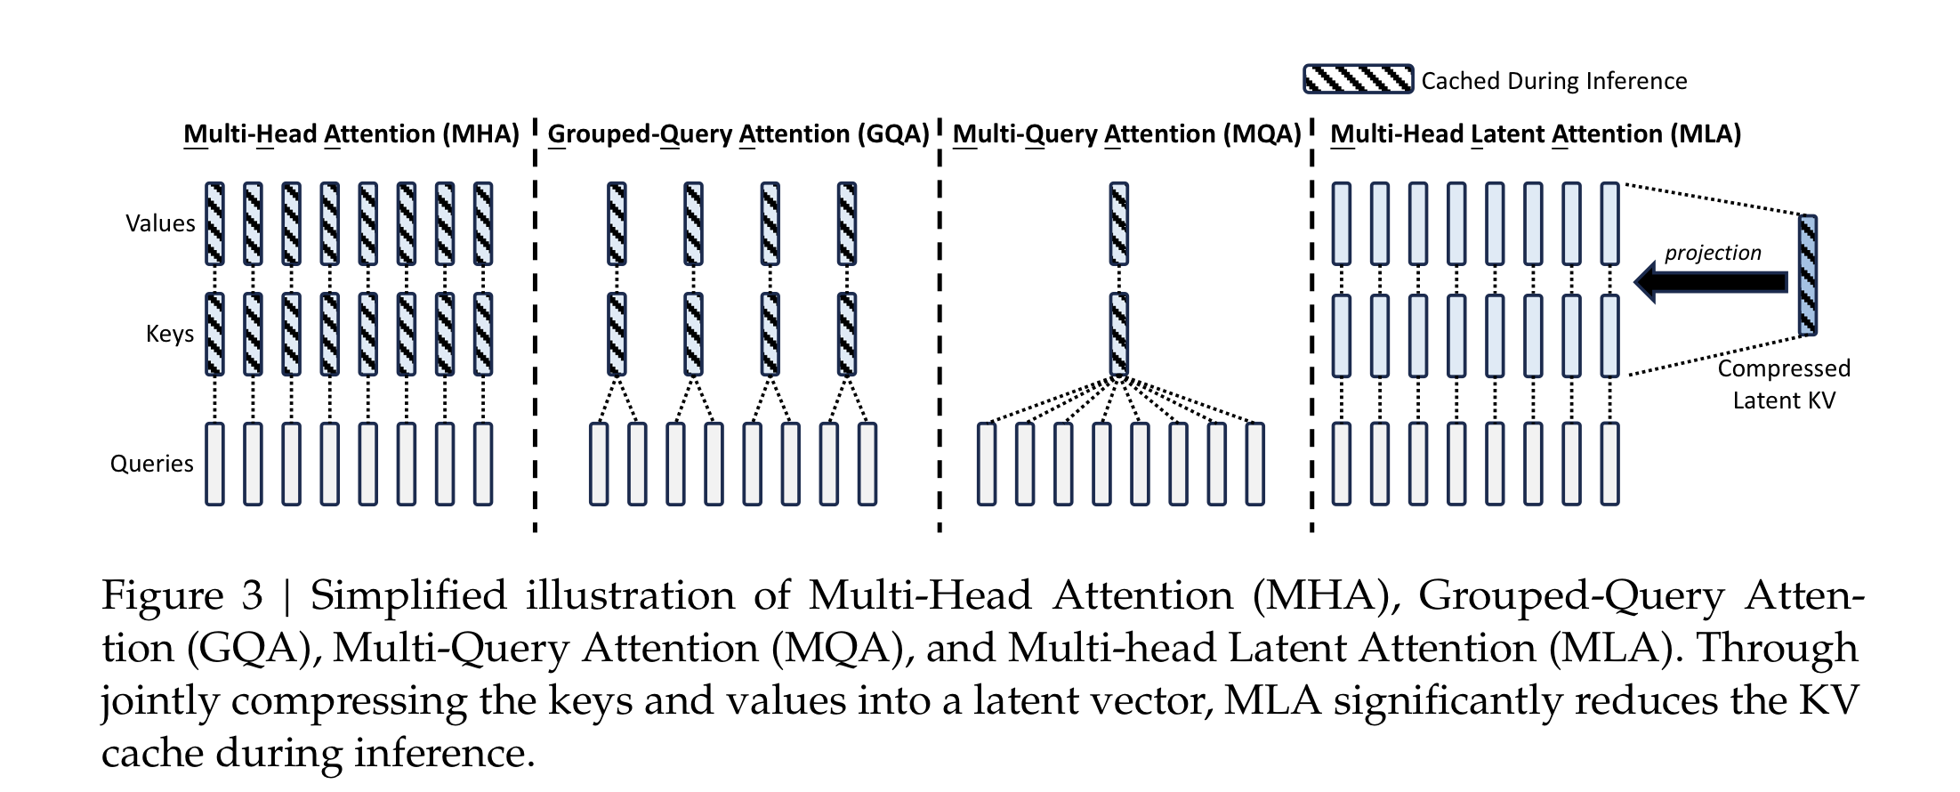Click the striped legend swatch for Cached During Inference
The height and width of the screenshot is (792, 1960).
[x=1358, y=79]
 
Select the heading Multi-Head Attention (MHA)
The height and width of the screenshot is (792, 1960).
[x=351, y=134]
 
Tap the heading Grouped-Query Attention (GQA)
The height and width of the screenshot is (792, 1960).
[x=738, y=134]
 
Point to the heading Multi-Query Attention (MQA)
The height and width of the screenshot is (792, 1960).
[x=1126, y=134]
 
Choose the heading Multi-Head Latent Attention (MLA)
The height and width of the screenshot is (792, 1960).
[x=1535, y=134]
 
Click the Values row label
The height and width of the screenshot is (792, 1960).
[x=160, y=223]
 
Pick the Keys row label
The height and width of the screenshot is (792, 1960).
[x=170, y=334]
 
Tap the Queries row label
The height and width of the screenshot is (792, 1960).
[x=152, y=464]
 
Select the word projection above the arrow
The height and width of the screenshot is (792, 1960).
[x=1713, y=253]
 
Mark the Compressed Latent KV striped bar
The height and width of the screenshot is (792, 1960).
[x=1807, y=275]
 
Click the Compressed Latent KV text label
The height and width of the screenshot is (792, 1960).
[x=1783, y=384]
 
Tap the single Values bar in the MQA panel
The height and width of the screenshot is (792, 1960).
[x=1119, y=223]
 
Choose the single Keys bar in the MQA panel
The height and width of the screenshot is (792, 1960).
[x=1119, y=334]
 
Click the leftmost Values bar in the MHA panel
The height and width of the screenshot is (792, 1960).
[x=214, y=223]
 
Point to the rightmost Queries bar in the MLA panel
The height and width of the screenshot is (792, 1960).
[x=1609, y=464]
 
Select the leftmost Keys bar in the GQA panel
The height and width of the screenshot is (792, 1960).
[x=617, y=334]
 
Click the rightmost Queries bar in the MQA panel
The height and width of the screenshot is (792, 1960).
[x=1254, y=464]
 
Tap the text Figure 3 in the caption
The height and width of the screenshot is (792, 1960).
[x=182, y=595]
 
